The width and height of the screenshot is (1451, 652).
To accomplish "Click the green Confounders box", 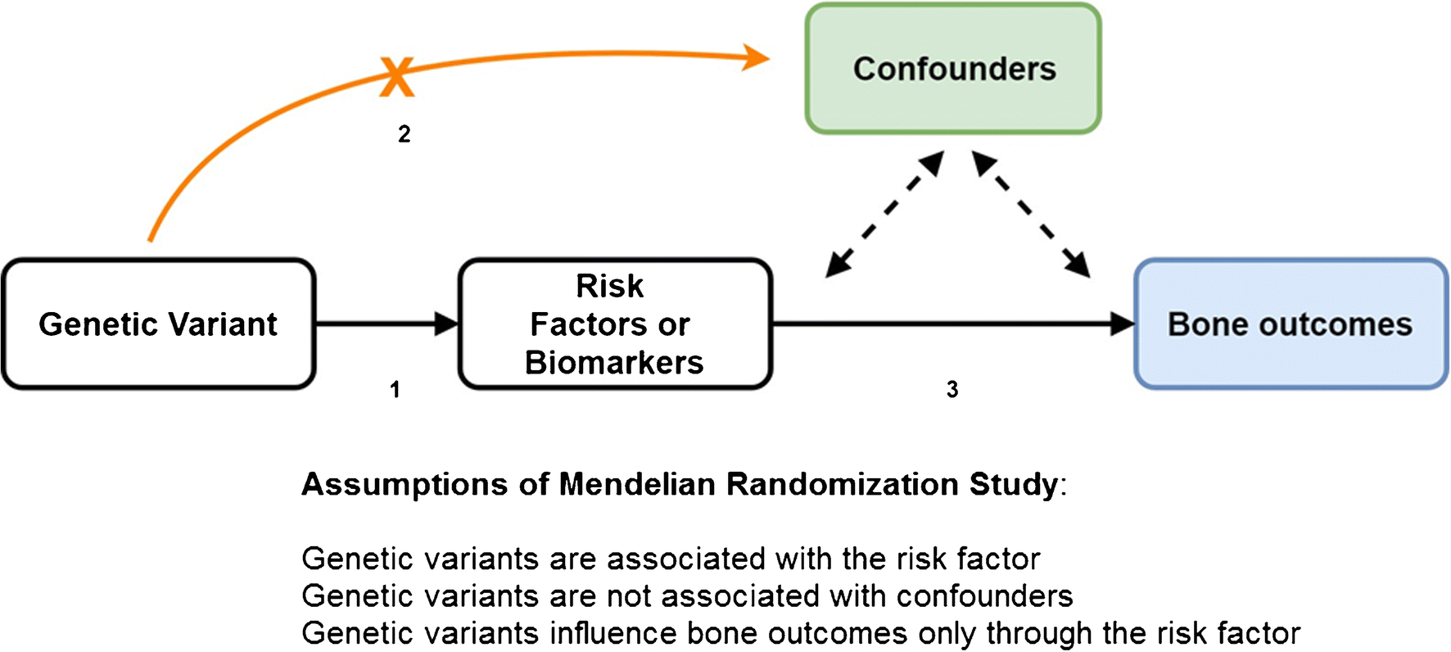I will [953, 69].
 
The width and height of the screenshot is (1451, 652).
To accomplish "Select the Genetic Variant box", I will [158, 324].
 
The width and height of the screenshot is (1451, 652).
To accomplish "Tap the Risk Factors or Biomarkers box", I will [615, 324].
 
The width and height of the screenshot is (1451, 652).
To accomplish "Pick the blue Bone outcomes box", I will [1291, 324].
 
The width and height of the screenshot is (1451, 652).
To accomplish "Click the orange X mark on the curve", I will [396, 77].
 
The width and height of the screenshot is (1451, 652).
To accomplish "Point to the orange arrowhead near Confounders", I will [757, 57].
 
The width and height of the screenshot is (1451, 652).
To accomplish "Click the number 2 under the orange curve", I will [405, 134].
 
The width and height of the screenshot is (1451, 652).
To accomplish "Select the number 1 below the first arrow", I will [396, 389].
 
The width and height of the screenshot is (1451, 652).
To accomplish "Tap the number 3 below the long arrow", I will [952, 389].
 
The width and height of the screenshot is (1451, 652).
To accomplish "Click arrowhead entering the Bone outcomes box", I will [1123, 324].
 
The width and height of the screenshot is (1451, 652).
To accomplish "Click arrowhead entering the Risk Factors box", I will [446, 324].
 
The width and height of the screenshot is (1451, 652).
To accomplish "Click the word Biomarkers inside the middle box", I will [614, 363].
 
